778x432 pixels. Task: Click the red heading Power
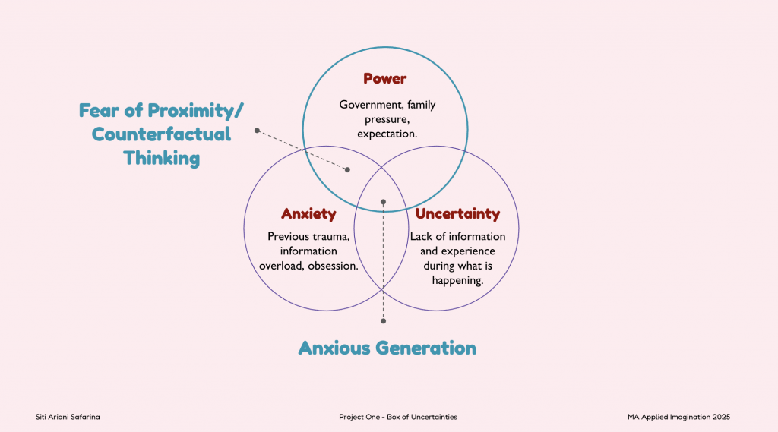point(384,78)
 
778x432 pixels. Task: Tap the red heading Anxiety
point(308,214)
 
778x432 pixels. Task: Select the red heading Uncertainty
point(457,214)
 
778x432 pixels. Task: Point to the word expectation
point(387,134)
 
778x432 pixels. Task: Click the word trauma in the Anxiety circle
point(332,237)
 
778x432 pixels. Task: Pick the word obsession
point(333,266)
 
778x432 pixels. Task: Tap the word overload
point(281,266)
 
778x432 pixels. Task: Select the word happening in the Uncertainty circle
point(457,281)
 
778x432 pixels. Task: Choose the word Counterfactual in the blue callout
point(161,134)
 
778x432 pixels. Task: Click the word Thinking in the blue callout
point(161,158)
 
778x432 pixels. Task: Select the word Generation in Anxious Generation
point(425,348)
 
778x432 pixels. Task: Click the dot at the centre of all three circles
point(383,202)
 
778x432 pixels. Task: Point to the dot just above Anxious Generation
point(383,321)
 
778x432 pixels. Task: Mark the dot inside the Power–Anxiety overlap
point(347,169)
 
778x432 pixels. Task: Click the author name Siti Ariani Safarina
point(68,417)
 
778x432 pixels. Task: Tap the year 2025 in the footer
point(721,417)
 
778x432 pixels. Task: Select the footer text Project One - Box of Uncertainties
point(398,417)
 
